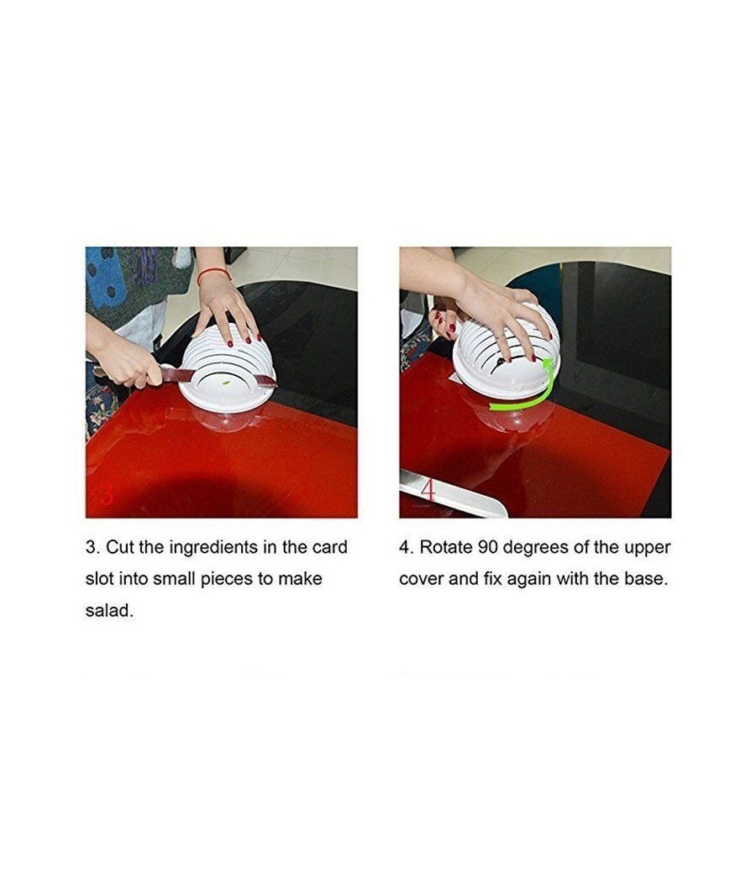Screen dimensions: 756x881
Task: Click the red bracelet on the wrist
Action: tap(213, 274)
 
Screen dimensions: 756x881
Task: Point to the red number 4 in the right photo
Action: tap(428, 489)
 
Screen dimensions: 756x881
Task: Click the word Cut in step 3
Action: tap(120, 547)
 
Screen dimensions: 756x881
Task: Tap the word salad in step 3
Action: tap(109, 610)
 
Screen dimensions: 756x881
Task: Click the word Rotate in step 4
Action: tap(447, 547)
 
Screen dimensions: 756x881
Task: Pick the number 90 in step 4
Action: tap(488, 547)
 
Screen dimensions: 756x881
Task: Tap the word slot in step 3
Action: tap(100, 578)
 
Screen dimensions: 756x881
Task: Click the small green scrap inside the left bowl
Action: tap(226, 383)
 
